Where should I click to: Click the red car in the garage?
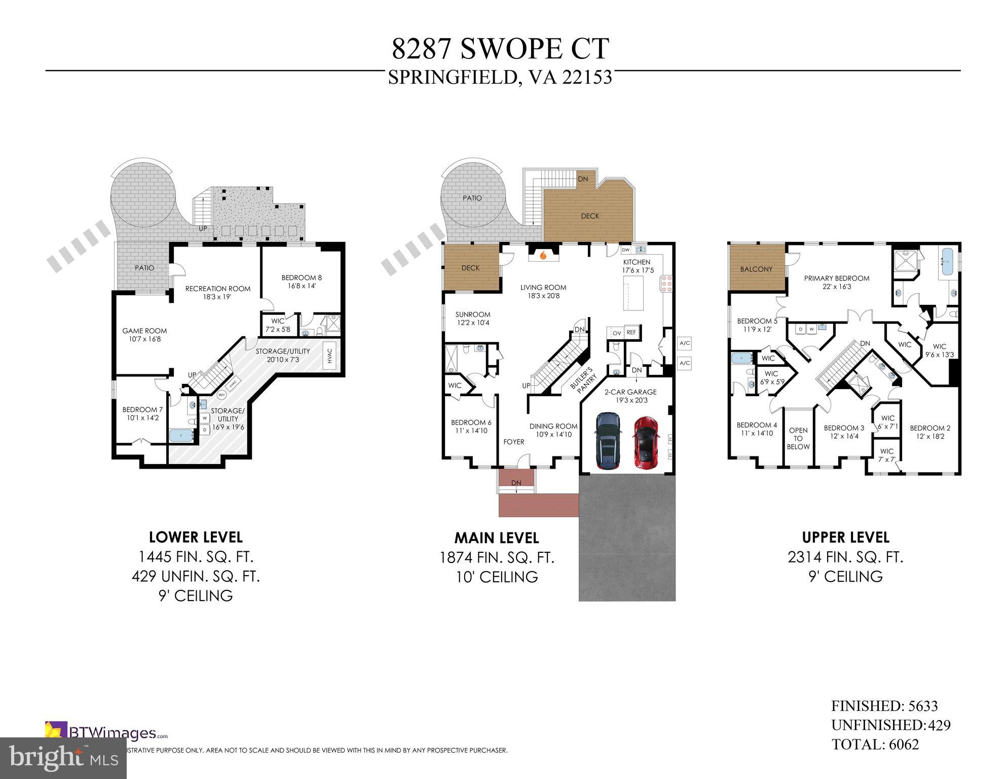[644, 443]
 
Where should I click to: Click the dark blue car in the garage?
[608, 440]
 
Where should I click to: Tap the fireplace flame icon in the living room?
[543, 256]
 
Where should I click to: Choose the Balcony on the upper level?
[756, 269]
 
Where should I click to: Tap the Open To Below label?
[798, 438]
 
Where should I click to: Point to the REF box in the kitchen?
[631, 333]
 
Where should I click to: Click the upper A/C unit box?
[685, 343]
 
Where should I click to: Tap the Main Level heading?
[497, 538]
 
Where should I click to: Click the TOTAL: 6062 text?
[875, 745]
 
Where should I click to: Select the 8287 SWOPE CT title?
[500, 49]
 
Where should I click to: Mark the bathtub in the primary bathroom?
[946, 262]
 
